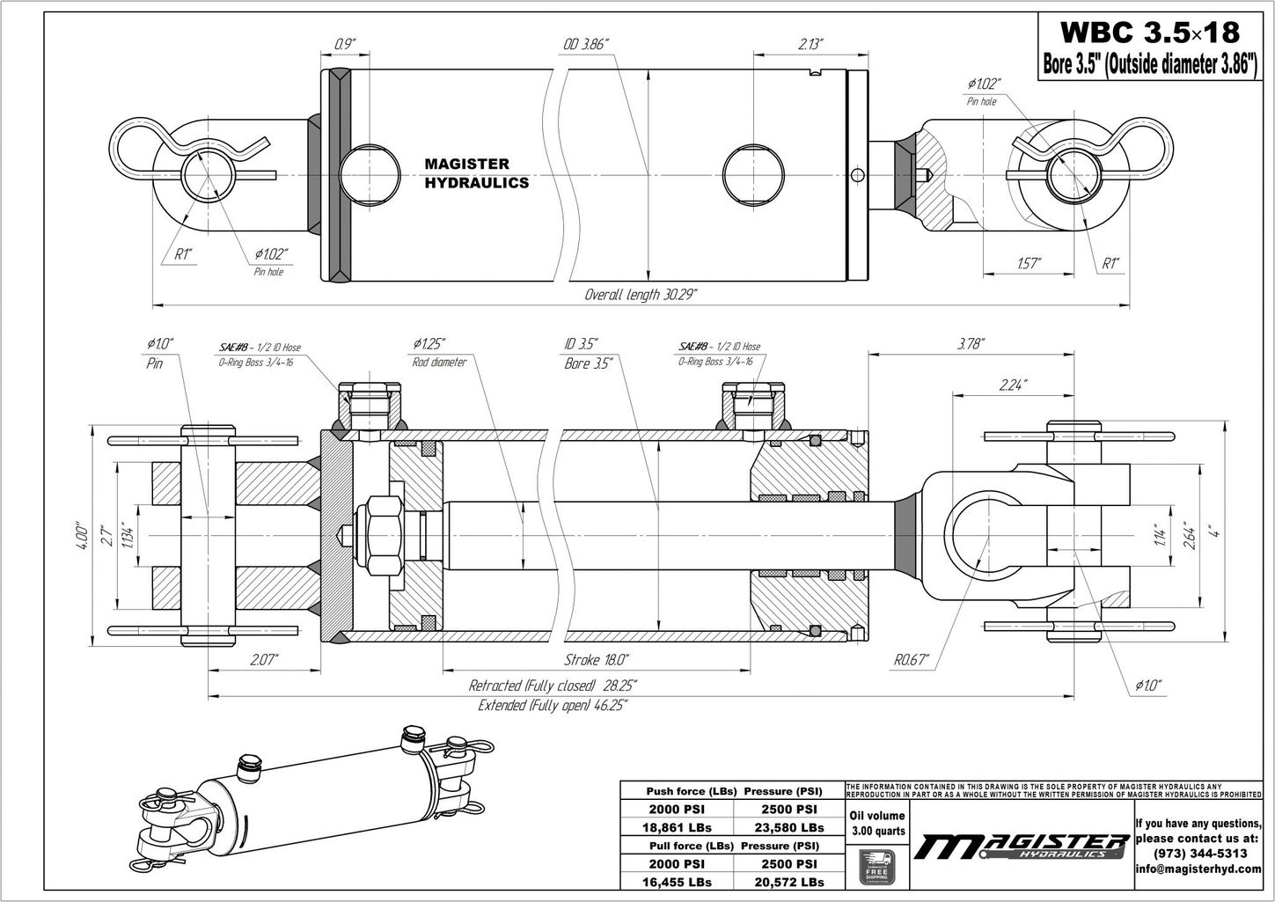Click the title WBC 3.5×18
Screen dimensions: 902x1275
click(1149, 32)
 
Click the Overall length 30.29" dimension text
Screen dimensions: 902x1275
click(641, 295)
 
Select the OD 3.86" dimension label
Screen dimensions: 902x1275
click(586, 45)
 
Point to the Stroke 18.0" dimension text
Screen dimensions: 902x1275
click(596, 659)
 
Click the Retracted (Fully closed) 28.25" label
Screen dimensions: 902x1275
click(553, 686)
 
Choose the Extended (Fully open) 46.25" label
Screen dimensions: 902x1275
click(553, 706)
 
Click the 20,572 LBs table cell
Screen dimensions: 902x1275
click(788, 882)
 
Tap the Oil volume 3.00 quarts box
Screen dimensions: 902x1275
click(876, 823)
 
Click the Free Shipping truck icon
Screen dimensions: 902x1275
click(876, 867)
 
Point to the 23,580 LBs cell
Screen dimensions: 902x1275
click(788, 827)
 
